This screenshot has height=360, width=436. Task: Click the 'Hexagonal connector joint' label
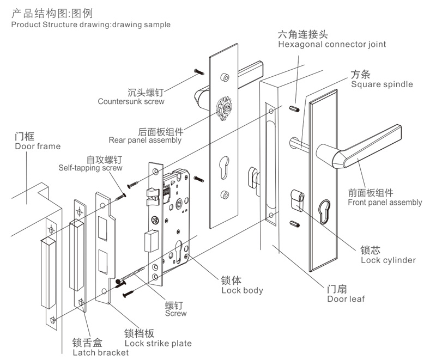pyautogui.click(x=331, y=44)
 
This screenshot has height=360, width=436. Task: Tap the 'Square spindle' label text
pyautogui.click(x=381, y=84)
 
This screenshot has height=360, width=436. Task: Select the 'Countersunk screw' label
pyautogui.click(x=131, y=101)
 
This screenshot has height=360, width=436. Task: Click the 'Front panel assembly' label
pyautogui.click(x=384, y=202)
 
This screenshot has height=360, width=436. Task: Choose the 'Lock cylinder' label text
pyautogui.click(x=388, y=260)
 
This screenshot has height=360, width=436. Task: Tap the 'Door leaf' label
pyautogui.click(x=346, y=298)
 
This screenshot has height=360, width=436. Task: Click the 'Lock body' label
pyautogui.click(x=241, y=290)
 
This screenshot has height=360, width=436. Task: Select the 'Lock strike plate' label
pyautogui.click(x=158, y=343)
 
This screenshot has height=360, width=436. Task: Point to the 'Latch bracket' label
pyautogui.click(x=100, y=352)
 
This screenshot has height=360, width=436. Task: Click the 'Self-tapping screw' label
pyautogui.click(x=90, y=168)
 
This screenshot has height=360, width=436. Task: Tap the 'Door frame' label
pyautogui.click(x=38, y=146)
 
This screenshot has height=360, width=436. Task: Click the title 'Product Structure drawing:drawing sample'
pyautogui.click(x=90, y=25)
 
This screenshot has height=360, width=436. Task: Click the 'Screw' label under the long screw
pyautogui.click(x=175, y=313)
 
